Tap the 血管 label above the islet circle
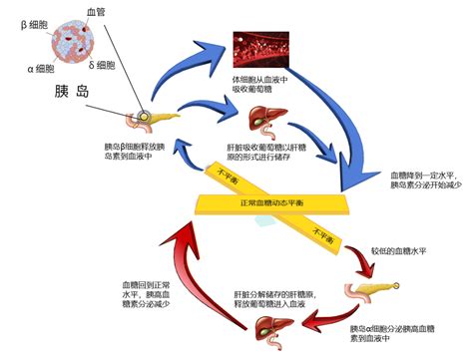pos(96,8)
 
